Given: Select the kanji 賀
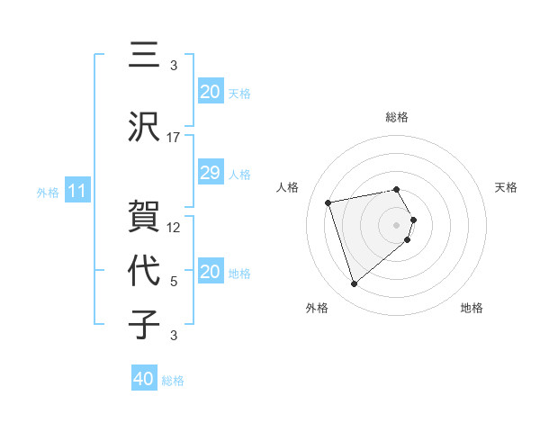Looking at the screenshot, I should [x=145, y=216].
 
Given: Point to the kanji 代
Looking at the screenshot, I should [x=145, y=272].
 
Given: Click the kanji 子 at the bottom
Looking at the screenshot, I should [x=145, y=325].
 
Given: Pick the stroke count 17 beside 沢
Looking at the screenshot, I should [x=174, y=138].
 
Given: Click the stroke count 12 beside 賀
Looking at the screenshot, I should [x=174, y=227].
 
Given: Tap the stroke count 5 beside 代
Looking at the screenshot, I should [x=174, y=282].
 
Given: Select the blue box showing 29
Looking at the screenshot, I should [x=210, y=174].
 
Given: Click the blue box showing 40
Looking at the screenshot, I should [x=144, y=380].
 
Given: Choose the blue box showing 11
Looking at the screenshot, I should [x=76, y=191].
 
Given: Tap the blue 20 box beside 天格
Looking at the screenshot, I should [x=210, y=92].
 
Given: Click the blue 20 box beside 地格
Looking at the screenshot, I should [x=210, y=273].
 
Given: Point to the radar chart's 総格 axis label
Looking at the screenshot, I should [x=397, y=117].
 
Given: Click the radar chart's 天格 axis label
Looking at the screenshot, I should [x=507, y=187].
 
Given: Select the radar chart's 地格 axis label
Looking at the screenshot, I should [x=472, y=308].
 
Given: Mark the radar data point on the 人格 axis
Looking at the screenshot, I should [x=328, y=202].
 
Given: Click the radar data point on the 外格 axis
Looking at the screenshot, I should [x=354, y=284].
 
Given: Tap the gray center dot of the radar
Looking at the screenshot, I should [x=396, y=224].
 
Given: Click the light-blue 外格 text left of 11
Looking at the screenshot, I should [x=48, y=192].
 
